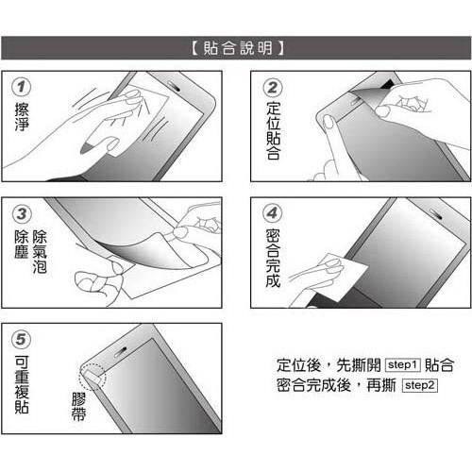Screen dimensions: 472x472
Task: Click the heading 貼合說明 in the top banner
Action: coord(235,47)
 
